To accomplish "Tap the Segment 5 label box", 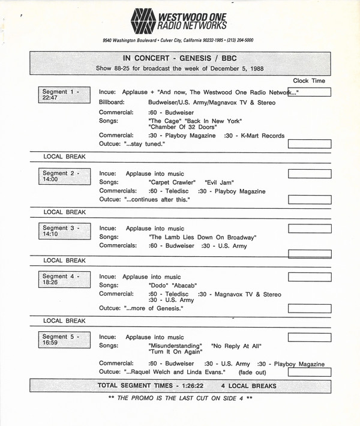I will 63,340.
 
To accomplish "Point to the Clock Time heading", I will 309,80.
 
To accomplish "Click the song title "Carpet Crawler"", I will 172,182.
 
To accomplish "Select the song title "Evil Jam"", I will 219,182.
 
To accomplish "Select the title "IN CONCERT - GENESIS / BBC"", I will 179,58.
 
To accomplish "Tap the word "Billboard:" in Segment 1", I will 112,103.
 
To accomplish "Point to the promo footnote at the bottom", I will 180,398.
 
